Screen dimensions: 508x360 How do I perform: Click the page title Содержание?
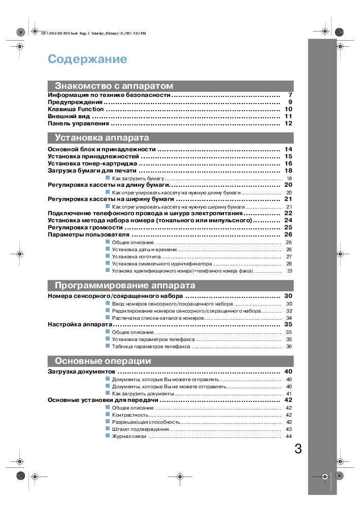[x=87, y=59]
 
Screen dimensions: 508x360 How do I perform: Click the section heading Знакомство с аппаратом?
[x=114, y=86]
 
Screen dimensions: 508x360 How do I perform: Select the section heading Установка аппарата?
[x=102, y=138]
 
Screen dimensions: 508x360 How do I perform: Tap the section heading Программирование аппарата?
[x=125, y=285]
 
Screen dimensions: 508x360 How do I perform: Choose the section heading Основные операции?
[x=103, y=361]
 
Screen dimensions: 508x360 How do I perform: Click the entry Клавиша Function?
[x=76, y=109]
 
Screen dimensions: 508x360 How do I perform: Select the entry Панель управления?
[x=78, y=123]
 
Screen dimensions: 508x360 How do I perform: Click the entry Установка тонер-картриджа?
[x=92, y=163]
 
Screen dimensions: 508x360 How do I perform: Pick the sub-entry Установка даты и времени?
[x=144, y=250]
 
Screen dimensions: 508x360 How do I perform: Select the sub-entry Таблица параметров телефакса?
[x=151, y=347]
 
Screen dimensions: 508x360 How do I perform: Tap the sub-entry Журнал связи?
[x=129, y=436]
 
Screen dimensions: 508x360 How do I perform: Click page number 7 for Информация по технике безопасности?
[x=290, y=95]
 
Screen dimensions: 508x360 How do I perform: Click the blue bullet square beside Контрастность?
[x=108, y=415]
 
